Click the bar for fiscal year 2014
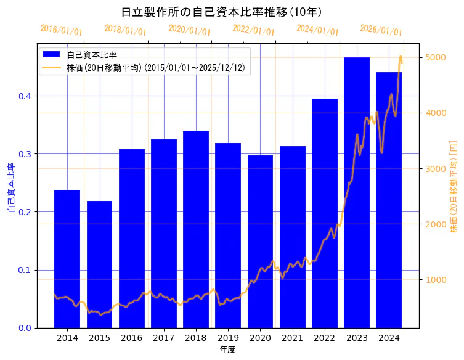pyautogui.click(x=67, y=259)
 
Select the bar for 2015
pyautogui.click(x=99, y=265)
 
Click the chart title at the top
pyautogui.click(x=221, y=12)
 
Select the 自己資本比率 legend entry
pyautogui.click(x=92, y=55)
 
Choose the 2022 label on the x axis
pyautogui.click(x=325, y=338)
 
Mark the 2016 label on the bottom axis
pyautogui.click(x=131, y=338)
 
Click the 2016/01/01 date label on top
pyautogui.click(x=61, y=30)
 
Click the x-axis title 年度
pyautogui.click(x=227, y=350)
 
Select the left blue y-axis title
pyautogui.click(x=10, y=188)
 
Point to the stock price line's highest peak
pyautogui.click(x=401, y=56)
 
